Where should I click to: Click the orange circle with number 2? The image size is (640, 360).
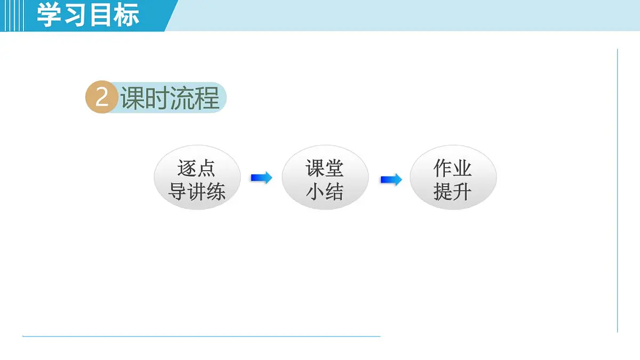coord(101,99)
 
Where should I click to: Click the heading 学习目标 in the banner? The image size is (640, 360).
coord(88,14)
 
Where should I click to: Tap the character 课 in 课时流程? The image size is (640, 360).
coord(133,98)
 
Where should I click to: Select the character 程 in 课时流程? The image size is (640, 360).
coord(207,98)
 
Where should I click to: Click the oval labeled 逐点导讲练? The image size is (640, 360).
coord(197,178)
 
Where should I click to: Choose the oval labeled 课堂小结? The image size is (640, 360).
coord(325,178)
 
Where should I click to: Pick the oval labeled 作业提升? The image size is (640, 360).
coord(453,178)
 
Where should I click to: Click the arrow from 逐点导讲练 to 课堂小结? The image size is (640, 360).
coord(261,178)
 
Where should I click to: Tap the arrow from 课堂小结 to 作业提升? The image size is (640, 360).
coord(390,180)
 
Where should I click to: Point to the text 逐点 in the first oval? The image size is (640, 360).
coord(197,168)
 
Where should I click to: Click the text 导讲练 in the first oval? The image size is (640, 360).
coord(197,191)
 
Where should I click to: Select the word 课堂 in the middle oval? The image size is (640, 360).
coord(325,168)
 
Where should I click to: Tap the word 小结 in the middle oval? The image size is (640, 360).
coord(325,191)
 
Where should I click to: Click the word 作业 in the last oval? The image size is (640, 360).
coord(453,168)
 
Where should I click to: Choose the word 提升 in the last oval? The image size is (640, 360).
coord(453,191)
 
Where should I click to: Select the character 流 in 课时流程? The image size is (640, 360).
coord(182,98)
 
